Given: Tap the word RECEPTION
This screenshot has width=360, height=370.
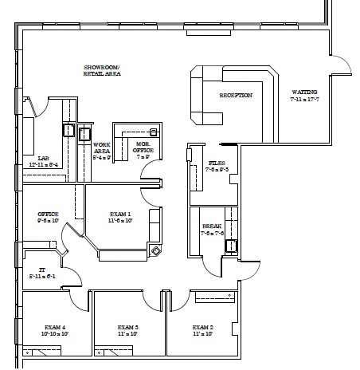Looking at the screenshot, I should click(236, 96).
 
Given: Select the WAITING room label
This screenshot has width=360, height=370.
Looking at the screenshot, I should click(305, 92).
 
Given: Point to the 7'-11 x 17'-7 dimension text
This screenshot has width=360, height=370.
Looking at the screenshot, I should click(305, 100).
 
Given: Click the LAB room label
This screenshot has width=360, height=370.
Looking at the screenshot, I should click(32, 158).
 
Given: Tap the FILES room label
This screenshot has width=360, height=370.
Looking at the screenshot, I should click(195, 163).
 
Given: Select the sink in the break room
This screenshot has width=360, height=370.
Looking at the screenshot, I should click(231, 246).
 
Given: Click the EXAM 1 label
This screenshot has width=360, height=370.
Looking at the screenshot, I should click(120, 215).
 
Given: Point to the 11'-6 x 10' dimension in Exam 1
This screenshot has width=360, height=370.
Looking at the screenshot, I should click(120, 222).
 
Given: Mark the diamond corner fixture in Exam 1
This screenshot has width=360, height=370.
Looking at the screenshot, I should click(156, 250).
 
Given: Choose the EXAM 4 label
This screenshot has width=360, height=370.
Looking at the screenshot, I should click(53, 328).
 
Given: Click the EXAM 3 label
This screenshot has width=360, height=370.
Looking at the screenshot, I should click(127, 328).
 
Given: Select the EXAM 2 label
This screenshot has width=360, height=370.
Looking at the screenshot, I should click(202, 328).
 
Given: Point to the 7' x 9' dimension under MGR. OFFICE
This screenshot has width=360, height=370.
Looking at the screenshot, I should click(143, 157).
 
